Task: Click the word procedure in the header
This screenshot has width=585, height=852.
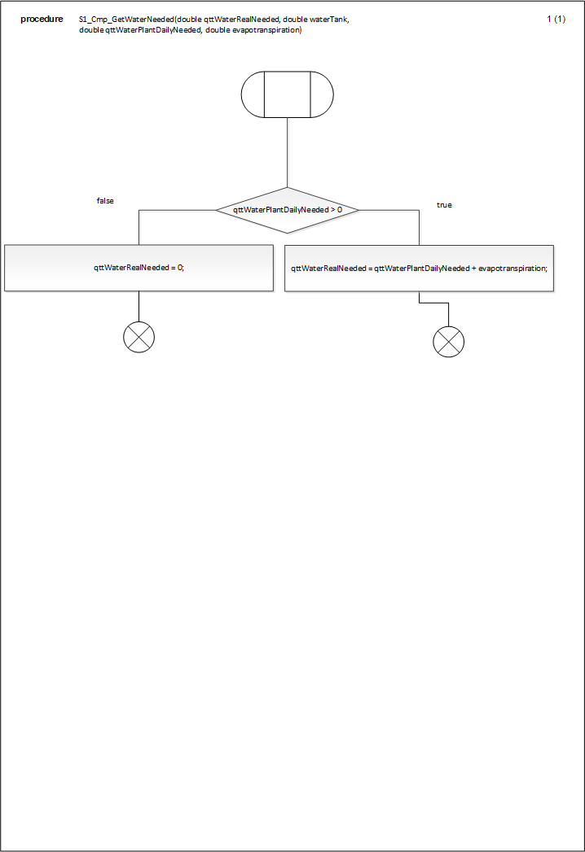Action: tap(42, 20)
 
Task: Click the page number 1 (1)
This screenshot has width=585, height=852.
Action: tap(556, 19)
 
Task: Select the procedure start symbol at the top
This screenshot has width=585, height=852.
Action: tap(288, 94)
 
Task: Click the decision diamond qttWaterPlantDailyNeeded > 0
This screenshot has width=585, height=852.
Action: tap(288, 210)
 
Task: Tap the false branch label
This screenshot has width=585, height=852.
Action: tap(106, 201)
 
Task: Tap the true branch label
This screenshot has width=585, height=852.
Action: tap(444, 205)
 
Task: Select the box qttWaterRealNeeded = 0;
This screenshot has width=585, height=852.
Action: tap(139, 268)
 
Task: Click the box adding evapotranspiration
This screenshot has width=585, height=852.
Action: tap(419, 269)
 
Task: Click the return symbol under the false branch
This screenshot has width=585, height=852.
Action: tap(139, 337)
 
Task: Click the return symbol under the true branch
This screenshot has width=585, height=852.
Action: tap(449, 342)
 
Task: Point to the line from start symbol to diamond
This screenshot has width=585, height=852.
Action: tap(288, 153)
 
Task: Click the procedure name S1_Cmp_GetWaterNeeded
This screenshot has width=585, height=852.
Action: tap(126, 20)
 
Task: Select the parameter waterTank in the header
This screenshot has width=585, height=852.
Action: tap(328, 20)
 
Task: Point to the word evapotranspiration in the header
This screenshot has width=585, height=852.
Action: tap(266, 30)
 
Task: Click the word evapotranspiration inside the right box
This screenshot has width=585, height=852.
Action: tap(512, 269)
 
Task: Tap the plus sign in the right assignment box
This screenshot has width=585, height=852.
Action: tap(474, 269)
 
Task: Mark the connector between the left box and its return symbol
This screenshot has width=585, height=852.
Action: tap(139, 307)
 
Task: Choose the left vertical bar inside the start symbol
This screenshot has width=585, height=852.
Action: tap(265, 94)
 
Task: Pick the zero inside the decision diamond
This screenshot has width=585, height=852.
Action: tap(340, 210)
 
